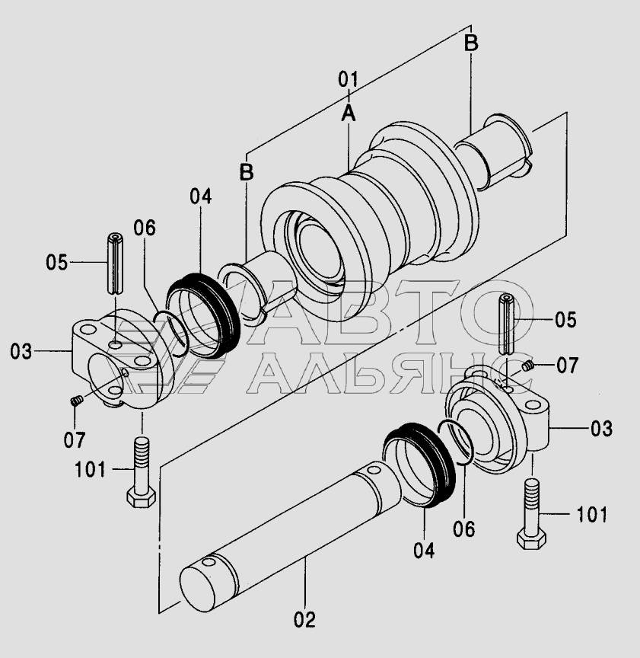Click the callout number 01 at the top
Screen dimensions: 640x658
(x=348, y=79)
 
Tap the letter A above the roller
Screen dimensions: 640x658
(x=348, y=113)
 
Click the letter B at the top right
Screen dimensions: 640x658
(x=471, y=43)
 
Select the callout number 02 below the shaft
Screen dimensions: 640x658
(x=304, y=619)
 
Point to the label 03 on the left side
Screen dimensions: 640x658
(x=21, y=351)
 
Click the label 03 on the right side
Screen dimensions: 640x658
(x=601, y=429)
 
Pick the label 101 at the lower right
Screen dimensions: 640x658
(x=592, y=515)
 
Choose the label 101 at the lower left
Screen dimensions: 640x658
(x=90, y=469)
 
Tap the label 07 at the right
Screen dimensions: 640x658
(x=567, y=366)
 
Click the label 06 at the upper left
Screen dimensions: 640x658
(x=145, y=228)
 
